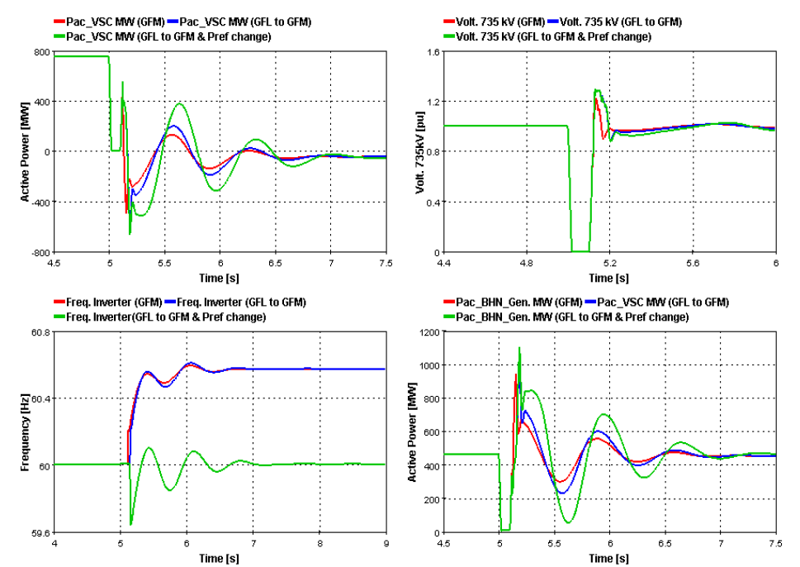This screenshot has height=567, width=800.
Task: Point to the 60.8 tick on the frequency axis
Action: tap(38, 332)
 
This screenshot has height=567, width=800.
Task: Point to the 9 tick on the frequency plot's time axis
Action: tap(386, 543)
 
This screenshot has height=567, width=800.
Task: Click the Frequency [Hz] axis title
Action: tap(12, 432)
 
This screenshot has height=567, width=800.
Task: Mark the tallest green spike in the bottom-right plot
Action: tap(519, 347)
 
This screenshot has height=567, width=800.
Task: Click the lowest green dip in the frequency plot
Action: tap(131, 524)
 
